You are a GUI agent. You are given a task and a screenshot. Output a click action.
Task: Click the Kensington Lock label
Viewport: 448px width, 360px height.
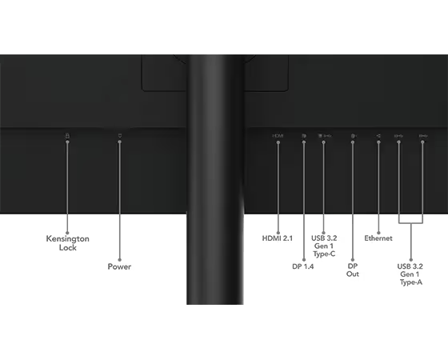tap(68, 243)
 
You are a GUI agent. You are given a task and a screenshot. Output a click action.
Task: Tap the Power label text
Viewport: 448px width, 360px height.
tap(119, 266)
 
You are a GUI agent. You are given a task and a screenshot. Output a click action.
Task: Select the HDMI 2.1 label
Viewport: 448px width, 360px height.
tap(278, 238)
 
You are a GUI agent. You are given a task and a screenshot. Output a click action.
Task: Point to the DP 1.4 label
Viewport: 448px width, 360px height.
tap(303, 266)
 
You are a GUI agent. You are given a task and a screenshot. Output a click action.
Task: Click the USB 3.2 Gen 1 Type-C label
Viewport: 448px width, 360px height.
tap(324, 246)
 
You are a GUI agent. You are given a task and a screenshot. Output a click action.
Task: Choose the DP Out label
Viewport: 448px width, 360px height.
tap(353, 270)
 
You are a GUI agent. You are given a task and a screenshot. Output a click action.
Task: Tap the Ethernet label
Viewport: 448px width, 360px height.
tap(378, 238)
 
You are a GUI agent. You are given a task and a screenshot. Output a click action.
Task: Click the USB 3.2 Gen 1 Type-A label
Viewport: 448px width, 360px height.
tap(410, 274)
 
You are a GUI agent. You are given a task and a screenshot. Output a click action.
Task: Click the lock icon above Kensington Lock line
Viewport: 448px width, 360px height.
tap(67, 136)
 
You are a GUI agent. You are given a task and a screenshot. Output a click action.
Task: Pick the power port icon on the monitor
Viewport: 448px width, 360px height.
tap(120, 135)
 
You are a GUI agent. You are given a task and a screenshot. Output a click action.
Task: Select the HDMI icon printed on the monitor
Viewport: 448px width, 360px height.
tap(278, 136)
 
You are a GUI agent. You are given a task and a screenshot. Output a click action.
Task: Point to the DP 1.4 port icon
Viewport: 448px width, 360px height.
tap(304, 136)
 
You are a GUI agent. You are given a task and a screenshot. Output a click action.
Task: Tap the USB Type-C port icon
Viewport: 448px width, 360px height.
tap(325, 136)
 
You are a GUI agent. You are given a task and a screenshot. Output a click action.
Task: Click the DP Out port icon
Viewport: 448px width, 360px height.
tap(354, 136)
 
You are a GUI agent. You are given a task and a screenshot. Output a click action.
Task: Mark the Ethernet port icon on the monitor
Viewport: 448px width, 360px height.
tap(378, 136)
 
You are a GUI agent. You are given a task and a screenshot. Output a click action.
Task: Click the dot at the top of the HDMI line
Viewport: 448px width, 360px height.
tap(278, 142)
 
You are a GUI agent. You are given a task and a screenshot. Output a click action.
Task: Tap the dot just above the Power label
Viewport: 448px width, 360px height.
tap(119, 260)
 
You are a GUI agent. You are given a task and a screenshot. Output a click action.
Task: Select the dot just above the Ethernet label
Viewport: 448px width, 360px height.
tap(378, 233)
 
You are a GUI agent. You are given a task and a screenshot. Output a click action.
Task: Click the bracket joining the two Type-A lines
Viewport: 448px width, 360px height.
tap(410, 222)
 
